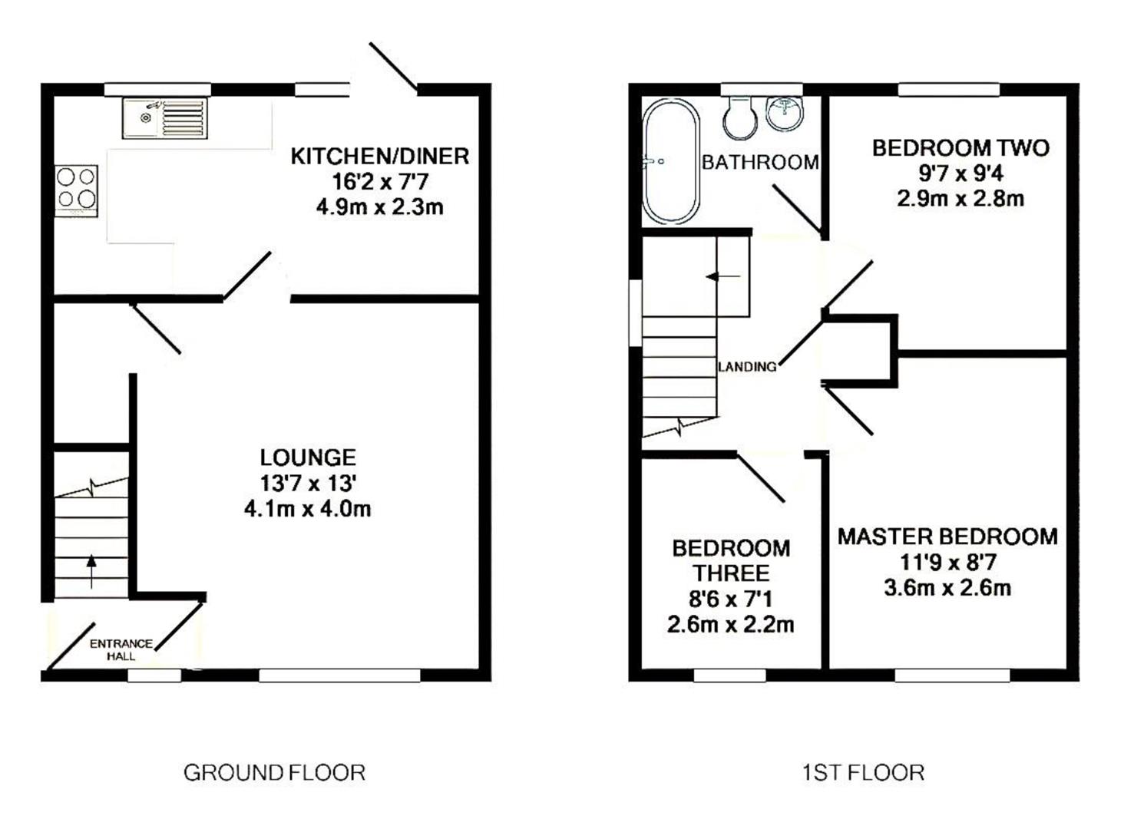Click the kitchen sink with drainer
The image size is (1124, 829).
164,118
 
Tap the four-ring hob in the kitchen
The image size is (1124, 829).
76,189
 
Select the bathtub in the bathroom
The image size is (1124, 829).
670,161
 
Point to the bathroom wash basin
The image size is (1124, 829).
785,113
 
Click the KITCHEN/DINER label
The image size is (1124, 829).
379,157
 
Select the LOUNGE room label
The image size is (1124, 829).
308,457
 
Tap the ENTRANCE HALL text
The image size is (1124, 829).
121,649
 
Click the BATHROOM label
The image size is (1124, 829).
759,162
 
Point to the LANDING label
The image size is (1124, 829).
747,367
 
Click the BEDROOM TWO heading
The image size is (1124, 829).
960,147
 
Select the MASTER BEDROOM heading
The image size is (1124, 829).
947,537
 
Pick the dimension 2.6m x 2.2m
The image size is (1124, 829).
730,625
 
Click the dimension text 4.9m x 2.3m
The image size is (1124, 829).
379,207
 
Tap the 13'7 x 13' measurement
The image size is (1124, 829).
308,484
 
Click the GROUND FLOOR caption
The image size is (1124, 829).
274,772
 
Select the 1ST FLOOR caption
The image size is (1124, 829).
863,772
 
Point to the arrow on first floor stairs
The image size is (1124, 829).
722,276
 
